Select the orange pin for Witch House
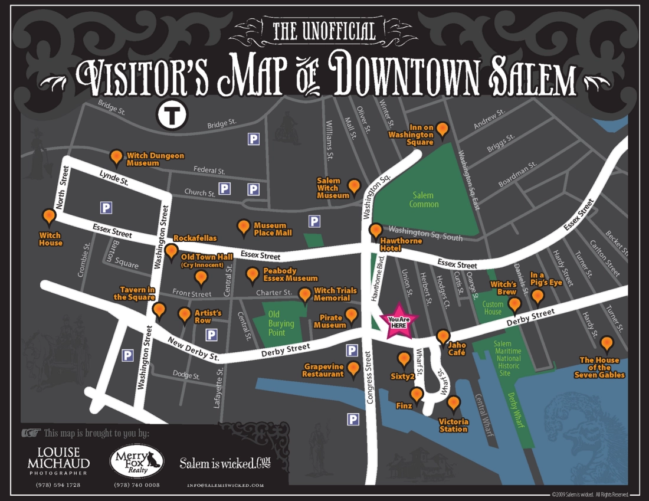click(50, 217)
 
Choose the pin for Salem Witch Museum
click(354, 186)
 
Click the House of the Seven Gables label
click(599, 367)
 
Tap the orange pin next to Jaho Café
click(443, 337)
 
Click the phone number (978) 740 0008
click(137, 485)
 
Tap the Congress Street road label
click(370, 378)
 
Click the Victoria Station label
click(454, 425)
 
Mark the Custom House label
click(492, 307)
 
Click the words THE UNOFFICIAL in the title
click(324, 31)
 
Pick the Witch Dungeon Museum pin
click(117, 156)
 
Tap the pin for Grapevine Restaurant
click(353, 369)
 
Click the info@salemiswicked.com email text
click(225, 485)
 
